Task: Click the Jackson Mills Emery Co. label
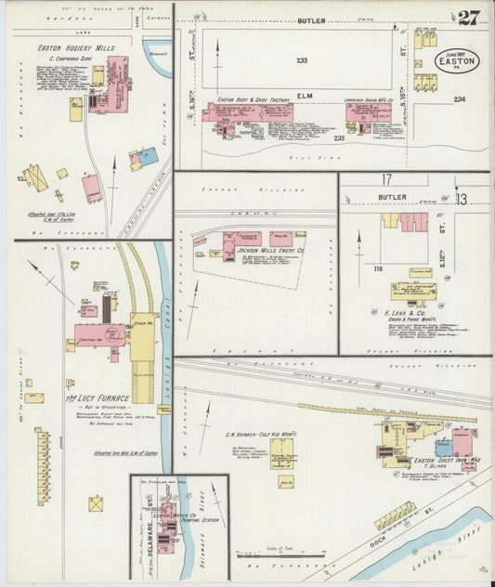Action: (x=249, y=251)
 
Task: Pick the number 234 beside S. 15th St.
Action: (x=459, y=99)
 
